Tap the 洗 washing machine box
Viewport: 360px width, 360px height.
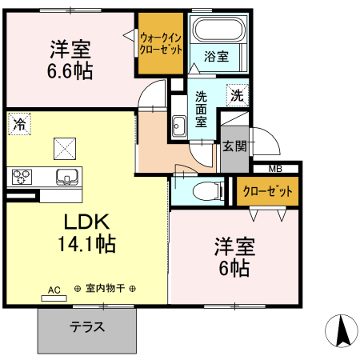(236, 94)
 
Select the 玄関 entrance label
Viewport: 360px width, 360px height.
(234, 146)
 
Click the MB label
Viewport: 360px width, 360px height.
(274, 168)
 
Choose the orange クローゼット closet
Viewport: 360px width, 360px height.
(268, 192)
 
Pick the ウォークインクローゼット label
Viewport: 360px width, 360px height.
(161, 42)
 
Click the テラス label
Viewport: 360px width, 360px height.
(87, 327)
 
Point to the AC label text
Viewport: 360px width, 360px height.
(54, 289)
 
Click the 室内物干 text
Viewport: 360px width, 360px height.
(105, 289)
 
